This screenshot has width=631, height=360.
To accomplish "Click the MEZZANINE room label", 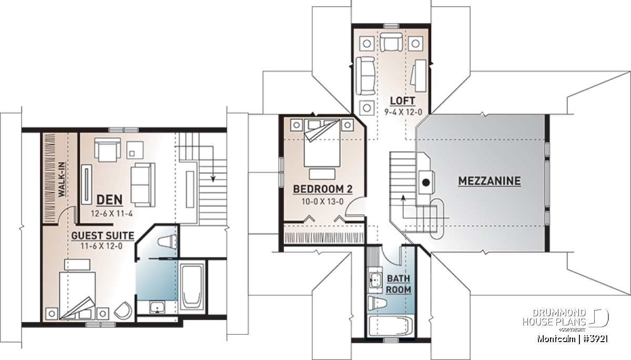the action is (x=490, y=181).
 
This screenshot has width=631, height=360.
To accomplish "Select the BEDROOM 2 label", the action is (x=322, y=189).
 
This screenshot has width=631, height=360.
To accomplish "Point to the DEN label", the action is (x=109, y=200).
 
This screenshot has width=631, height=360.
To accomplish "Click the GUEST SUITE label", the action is (x=103, y=235).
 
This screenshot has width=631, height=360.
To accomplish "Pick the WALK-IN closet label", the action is (x=62, y=179).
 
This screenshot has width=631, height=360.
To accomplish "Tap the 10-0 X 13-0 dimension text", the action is (x=322, y=202).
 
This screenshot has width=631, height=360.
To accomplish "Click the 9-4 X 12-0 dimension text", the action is (x=403, y=112).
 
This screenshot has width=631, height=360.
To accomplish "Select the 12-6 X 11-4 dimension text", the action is (x=111, y=213).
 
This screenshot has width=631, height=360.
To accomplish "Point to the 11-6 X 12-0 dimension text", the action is (x=101, y=246).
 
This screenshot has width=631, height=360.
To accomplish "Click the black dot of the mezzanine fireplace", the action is (x=426, y=183).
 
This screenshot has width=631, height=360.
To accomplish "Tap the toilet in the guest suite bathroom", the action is (x=167, y=242).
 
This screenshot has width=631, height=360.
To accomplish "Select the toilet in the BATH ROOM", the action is (x=376, y=303).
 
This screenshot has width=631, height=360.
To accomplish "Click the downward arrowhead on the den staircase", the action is (x=213, y=179).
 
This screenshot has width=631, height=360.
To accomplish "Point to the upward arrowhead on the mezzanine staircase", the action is (x=403, y=198).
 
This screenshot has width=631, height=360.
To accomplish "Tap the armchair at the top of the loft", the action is (x=391, y=42).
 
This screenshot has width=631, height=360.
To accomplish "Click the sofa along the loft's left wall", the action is (x=365, y=76).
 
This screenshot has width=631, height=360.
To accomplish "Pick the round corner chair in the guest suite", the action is (x=123, y=310).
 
